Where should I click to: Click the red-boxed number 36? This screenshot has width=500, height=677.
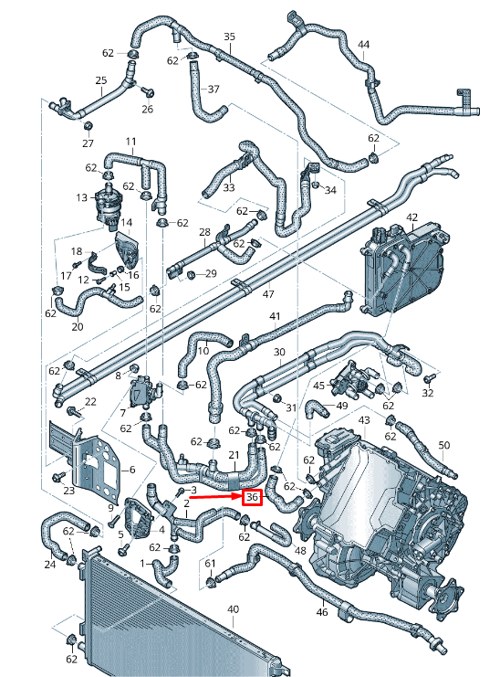252,498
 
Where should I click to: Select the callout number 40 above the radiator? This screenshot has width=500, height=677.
233,609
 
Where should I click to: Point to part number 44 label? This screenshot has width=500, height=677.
363,45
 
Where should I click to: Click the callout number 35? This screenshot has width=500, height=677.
229,37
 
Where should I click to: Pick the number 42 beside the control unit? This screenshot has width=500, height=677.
411,217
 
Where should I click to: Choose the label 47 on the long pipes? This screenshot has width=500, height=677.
267,294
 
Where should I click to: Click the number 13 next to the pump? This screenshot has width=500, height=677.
82,197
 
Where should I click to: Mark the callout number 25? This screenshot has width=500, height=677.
100,80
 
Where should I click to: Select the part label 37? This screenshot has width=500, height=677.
214,90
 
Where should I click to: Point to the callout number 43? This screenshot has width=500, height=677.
364,420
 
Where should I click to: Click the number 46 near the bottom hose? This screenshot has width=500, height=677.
321,612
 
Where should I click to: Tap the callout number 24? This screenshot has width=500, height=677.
49,564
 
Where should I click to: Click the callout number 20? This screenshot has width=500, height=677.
77,327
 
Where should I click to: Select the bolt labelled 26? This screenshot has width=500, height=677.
148,109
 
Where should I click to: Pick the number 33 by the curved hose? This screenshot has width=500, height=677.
229,188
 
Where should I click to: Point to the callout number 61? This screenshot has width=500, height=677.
211,563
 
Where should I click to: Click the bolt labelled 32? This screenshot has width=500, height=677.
428,393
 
